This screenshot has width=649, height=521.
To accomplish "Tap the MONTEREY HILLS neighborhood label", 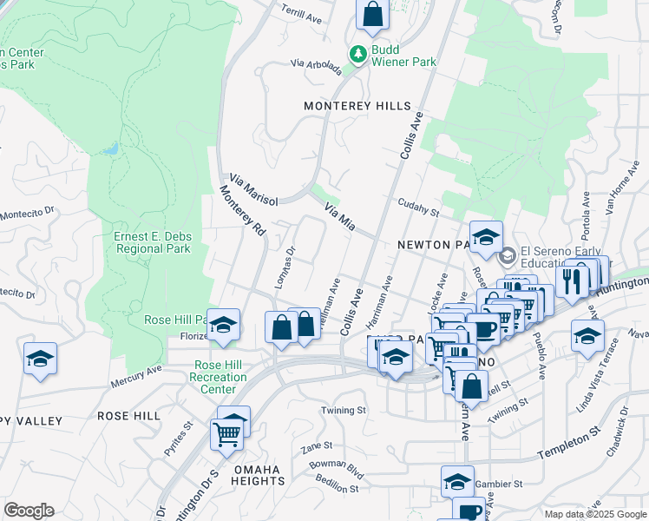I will [x=357, y=106].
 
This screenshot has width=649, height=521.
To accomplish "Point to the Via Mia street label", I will [x=340, y=217].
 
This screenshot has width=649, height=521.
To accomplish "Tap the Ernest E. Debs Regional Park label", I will [x=152, y=242].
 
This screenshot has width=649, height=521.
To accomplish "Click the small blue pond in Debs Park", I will [x=108, y=149].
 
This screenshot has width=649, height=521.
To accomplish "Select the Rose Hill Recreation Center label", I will [x=220, y=377].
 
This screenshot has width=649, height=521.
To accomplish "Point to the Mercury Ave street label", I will [x=136, y=375].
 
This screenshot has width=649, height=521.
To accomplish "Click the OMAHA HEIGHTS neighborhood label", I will [x=257, y=476].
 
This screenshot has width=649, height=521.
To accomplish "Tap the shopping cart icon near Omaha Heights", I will [x=226, y=432].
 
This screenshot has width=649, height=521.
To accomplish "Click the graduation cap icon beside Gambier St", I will [x=457, y=480].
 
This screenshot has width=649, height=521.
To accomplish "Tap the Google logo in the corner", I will [x=29, y=511].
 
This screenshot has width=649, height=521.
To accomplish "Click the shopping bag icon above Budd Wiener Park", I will [x=372, y=14].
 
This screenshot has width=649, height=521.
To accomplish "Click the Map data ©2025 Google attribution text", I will [x=594, y=514].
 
